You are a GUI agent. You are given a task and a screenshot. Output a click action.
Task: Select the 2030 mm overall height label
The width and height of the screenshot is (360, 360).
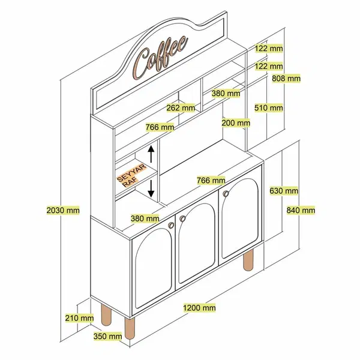63,211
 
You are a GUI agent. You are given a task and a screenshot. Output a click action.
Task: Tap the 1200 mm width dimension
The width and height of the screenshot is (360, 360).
199,307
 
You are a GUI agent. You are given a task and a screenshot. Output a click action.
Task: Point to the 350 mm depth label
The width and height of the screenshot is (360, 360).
107,337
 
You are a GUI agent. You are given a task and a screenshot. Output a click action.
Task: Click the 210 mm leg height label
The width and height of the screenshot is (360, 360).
79,318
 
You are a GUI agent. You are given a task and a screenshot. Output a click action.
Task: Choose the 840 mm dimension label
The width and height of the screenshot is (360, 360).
301,210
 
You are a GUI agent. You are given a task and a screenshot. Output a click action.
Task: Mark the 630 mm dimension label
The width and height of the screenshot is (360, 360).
284,191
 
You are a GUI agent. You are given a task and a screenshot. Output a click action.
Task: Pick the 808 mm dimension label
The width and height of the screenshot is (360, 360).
286,79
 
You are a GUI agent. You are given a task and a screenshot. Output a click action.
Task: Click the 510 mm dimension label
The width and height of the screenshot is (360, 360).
269,107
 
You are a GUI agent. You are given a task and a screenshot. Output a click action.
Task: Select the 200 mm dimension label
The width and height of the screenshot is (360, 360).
236,123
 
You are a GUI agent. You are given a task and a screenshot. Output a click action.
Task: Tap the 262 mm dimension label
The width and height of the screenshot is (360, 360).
181,107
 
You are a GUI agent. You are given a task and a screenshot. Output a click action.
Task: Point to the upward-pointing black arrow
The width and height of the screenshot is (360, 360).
151,154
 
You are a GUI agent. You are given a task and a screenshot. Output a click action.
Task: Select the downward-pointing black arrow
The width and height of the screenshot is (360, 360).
151,189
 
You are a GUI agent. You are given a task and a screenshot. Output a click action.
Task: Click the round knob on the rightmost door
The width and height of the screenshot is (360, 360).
226,194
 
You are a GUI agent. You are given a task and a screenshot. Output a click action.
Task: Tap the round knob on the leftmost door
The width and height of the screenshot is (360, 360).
171,225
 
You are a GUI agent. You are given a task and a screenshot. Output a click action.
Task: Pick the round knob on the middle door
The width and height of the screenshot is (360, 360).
182,219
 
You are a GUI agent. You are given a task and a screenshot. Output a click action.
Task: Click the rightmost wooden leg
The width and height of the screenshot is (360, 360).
248,260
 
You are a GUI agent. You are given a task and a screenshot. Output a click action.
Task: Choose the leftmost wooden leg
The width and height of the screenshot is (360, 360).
106,314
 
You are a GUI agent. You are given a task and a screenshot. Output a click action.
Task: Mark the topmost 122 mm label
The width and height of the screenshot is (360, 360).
269,49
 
